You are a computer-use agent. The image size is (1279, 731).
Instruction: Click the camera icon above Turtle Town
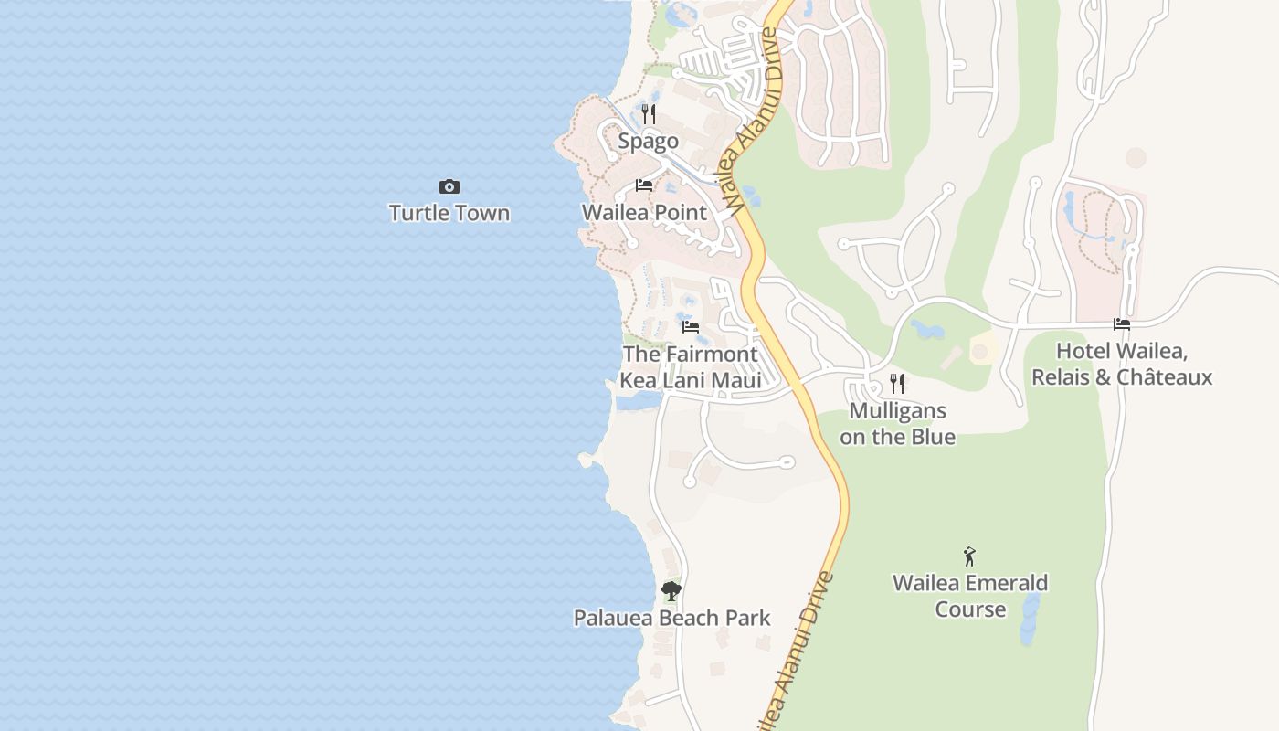tap(449, 187)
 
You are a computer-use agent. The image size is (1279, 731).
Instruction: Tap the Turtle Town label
tap(449, 213)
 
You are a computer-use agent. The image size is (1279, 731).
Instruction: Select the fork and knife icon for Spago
tap(649, 114)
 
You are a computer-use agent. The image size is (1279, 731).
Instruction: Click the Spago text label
tap(649, 141)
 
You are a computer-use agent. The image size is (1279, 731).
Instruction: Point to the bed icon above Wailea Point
tap(644, 185)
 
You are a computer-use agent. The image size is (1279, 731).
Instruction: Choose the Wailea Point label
tap(645, 213)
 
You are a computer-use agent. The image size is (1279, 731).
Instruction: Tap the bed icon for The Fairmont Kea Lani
tap(691, 326)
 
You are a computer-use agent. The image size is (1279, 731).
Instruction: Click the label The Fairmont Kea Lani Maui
tap(691, 366)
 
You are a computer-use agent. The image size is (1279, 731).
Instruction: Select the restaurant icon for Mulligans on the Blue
tap(897, 384)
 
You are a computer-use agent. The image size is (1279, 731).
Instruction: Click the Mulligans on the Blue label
tap(897, 424)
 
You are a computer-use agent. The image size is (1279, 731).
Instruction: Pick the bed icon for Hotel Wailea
tap(1122, 324)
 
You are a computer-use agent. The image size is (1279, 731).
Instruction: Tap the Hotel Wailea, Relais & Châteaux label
tap(1122, 364)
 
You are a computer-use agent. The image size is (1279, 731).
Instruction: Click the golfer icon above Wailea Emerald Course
tap(970, 556)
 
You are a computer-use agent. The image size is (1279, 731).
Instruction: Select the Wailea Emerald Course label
tap(970, 596)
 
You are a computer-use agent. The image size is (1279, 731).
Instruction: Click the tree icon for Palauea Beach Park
tap(671, 591)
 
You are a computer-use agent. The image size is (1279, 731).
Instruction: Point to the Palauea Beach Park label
tap(671, 619)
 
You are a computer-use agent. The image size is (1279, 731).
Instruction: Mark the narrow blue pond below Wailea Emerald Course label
tap(1031, 617)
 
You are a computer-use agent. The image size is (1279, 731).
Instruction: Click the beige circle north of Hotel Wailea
tap(1136, 158)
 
